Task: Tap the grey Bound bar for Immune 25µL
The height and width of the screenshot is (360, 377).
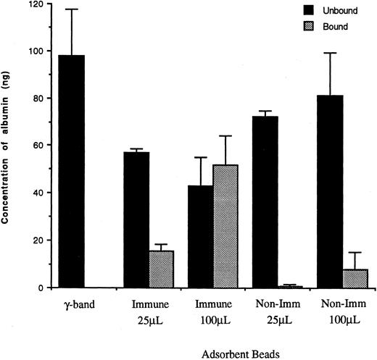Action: point(162,269)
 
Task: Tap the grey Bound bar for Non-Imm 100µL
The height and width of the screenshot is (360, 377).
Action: point(355,278)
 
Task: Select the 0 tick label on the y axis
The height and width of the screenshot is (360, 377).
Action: point(33,288)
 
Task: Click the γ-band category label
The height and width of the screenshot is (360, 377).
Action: point(67,305)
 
